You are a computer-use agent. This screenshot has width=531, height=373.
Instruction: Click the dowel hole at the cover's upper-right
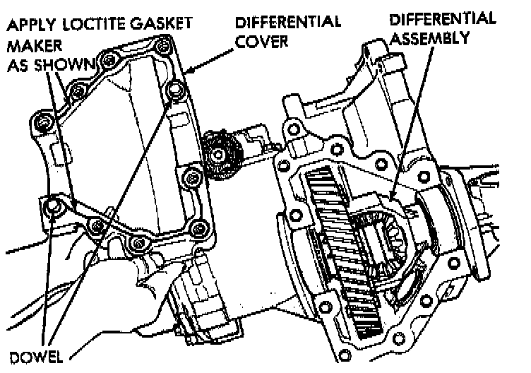(x=174, y=90)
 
